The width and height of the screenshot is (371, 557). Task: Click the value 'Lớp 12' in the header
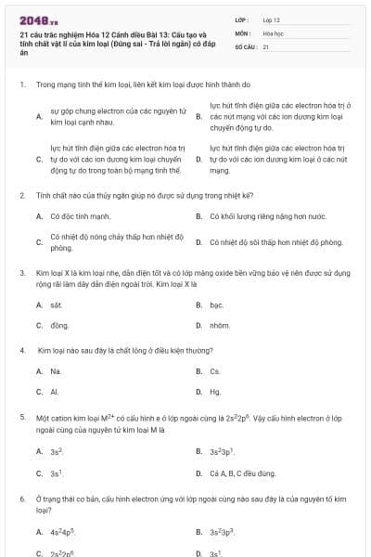[271, 19]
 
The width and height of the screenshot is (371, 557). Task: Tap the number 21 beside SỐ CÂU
[266, 45]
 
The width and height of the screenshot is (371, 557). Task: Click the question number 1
[21, 84]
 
